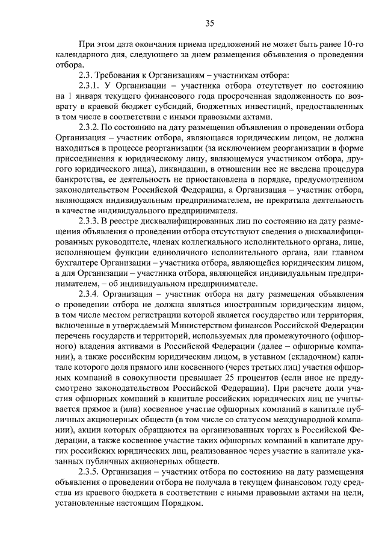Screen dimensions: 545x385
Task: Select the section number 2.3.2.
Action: (x=92, y=128)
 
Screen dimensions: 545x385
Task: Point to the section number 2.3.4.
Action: (x=92, y=294)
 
